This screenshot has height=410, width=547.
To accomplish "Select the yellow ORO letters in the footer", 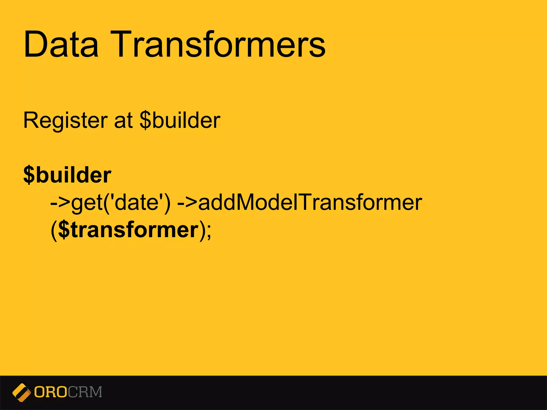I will (x=50, y=392).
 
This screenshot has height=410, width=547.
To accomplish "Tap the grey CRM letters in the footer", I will (x=85, y=392).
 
